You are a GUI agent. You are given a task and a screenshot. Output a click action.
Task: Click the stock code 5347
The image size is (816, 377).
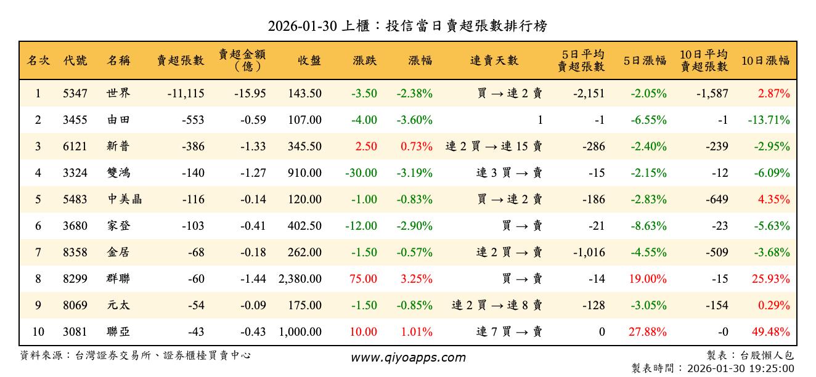click(x=75, y=94)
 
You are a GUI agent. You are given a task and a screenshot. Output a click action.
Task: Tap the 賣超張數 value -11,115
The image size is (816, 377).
click(x=186, y=94)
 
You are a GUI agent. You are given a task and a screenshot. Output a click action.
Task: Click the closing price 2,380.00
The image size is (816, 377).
click(x=300, y=279)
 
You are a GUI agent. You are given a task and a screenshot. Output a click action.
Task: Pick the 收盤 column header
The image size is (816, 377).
click(x=309, y=60)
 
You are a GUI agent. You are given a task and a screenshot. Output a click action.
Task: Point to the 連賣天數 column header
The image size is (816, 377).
click(x=494, y=60)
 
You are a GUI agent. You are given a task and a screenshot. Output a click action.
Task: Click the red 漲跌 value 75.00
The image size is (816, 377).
click(x=363, y=279)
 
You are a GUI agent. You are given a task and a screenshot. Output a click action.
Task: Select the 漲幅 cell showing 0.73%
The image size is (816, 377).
click(x=417, y=147)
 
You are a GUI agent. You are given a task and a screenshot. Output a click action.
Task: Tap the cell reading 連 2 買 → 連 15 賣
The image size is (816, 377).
click(x=494, y=147)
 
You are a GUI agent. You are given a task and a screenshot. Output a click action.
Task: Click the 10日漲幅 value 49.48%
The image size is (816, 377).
click(x=770, y=332)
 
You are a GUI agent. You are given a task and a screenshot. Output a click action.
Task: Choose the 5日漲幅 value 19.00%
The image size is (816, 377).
click(x=648, y=279)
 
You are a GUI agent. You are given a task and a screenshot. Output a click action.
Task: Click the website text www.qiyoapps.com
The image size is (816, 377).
click(x=408, y=357)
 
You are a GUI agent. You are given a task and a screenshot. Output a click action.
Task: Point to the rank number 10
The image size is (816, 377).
click(x=38, y=332)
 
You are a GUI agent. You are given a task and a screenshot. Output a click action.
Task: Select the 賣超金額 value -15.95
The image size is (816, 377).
click(x=250, y=94)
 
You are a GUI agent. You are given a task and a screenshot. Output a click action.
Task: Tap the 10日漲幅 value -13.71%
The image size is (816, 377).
click(x=769, y=121)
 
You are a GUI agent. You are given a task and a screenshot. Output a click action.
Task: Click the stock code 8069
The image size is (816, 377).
click(x=75, y=306)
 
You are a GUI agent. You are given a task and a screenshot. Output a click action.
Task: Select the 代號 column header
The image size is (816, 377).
click(x=75, y=60)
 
